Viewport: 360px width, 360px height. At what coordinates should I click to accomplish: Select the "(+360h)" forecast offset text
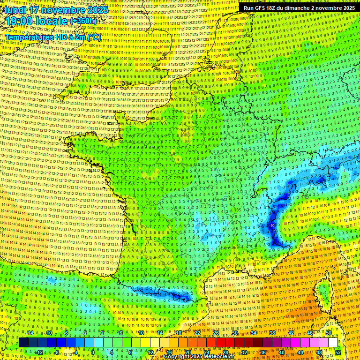83,21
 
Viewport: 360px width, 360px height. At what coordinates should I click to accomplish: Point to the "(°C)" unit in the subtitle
94,37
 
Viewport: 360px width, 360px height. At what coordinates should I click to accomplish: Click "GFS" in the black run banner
264,8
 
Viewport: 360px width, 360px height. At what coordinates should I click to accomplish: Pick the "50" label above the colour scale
328,333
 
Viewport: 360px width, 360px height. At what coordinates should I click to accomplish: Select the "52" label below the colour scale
338,352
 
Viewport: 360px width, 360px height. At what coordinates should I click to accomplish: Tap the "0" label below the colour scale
93,352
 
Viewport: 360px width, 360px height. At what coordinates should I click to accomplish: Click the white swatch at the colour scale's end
333,343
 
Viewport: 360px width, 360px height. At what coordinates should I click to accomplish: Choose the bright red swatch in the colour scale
220,343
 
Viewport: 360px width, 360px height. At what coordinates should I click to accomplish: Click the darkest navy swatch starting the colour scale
23,343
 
